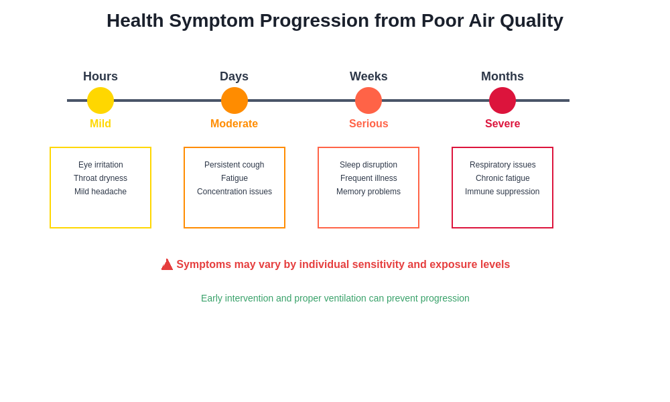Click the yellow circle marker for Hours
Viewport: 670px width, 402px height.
click(x=100, y=100)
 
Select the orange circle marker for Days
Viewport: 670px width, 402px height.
click(x=234, y=100)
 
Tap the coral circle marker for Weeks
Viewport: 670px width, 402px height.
click(x=368, y=100)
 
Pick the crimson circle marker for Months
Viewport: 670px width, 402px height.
click(x=503, y=100)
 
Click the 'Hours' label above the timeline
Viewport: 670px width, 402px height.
click(x=100, y=76)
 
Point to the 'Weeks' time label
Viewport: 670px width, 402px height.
click(x=368, y=76)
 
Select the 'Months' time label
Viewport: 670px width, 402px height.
click(x=503, y=76)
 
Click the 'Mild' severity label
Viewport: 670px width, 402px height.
click(x=100, y=124)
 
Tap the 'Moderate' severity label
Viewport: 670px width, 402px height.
click(x=234, y=124)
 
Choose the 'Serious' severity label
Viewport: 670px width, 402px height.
click(x=368, y=124)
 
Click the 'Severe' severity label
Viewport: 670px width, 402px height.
click(x=503, y=124)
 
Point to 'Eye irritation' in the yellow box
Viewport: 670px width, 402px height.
click(x=100, y=165)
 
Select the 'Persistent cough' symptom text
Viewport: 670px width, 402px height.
click(x=234, y=165)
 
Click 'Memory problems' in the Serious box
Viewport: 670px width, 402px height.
click(x=368, y=192)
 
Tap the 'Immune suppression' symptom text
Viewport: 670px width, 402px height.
click(x=503, y=192)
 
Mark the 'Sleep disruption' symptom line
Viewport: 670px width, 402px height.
click(x=368, y=165)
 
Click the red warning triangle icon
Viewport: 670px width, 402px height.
click(x=167, y=265)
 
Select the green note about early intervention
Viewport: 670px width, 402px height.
click(x=335, y=298)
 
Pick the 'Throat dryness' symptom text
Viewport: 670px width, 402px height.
click(x=100, y=178)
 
